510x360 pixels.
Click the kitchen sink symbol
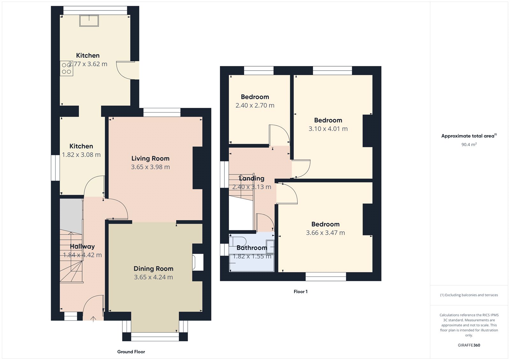point(89,21)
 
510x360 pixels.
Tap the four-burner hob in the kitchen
point(66,68)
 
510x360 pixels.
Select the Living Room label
point(150,159)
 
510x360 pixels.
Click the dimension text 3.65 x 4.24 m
point(153,277)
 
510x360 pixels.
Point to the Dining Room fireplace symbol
point(197,262)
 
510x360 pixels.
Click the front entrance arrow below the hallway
point(93,319)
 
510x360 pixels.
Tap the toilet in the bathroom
point(237,241)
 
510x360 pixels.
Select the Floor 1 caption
point(301,292)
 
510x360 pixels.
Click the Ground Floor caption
point(131,352)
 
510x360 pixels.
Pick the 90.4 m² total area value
point(469,145)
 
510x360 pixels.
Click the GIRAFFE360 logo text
point(469,345)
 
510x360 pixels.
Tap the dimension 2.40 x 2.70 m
point(255,105)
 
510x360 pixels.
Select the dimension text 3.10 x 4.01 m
point(328,129)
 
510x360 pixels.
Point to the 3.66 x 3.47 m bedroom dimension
point(325,233)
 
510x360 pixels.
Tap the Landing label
point(251,179)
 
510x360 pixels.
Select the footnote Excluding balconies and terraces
point(469,295)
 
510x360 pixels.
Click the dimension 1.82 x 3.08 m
point(81,155)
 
